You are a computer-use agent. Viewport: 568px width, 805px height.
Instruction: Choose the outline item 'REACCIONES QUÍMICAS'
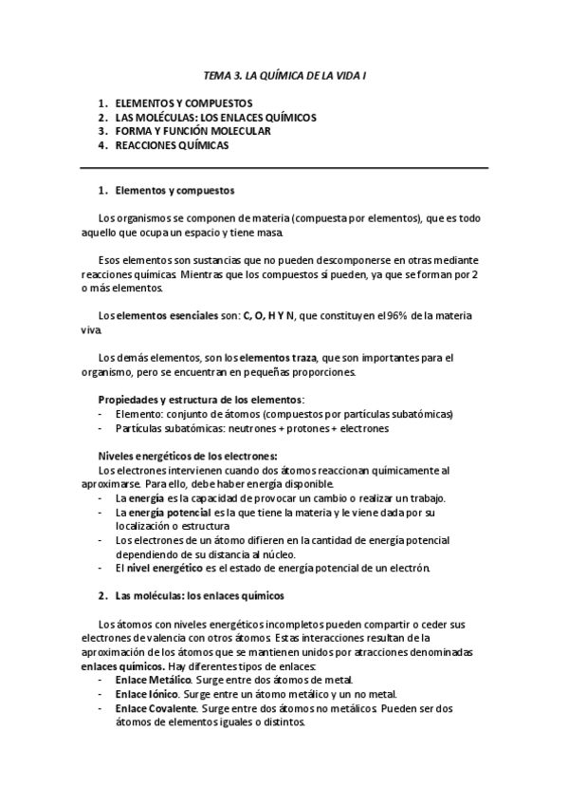[x=172, y=146]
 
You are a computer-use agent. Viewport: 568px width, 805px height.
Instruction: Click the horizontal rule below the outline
[x=284, y=168]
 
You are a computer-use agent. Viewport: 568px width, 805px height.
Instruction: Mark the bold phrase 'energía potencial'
[x=157, y=513]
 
